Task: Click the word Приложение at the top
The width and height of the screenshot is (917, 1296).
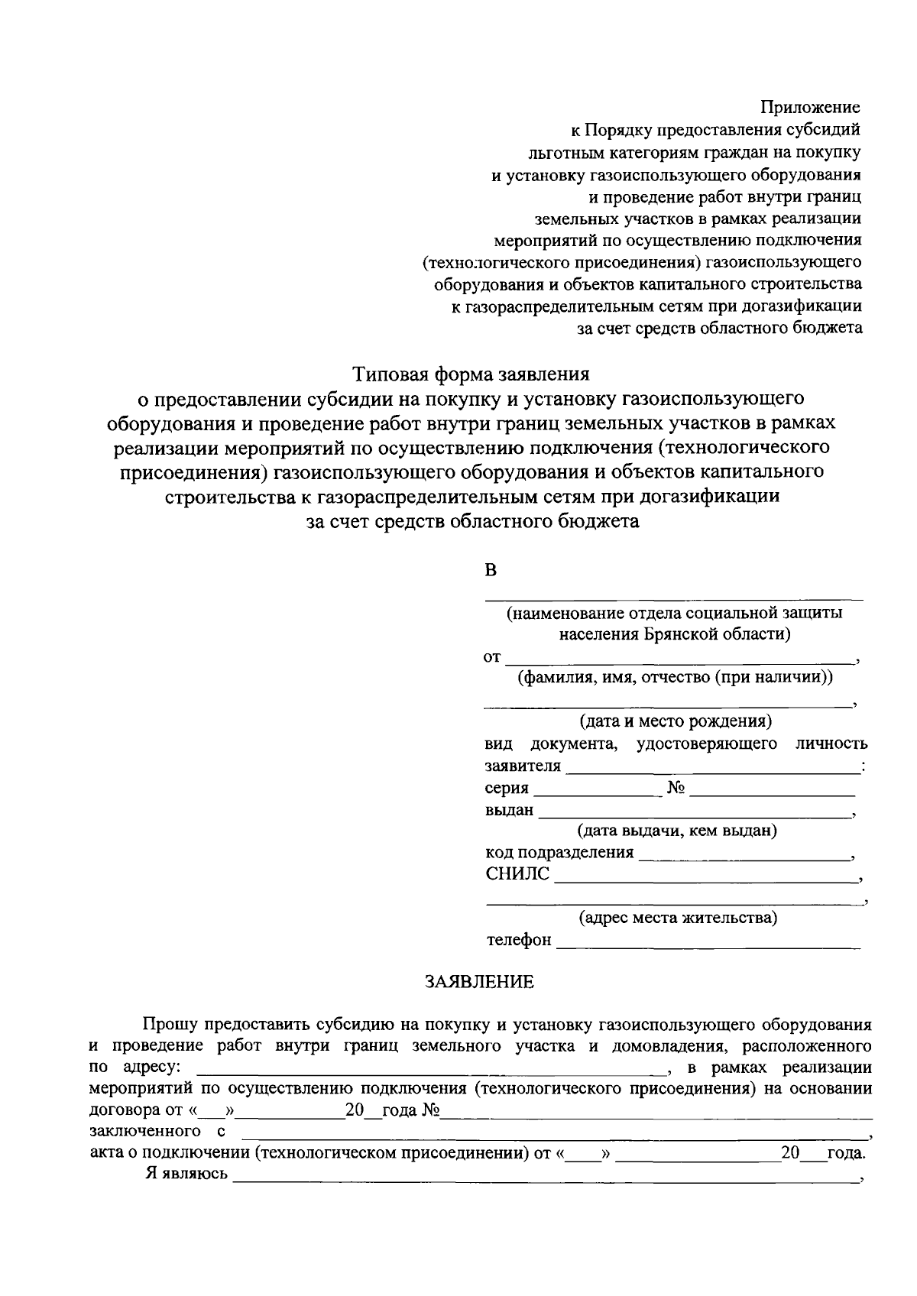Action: pos(809,108)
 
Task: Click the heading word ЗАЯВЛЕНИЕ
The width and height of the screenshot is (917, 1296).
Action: pos(480,982)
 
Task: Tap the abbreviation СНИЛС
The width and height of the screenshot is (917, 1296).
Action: pos(517,874)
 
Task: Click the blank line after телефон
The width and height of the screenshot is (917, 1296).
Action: pos(708,946)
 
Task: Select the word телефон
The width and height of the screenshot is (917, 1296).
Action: pos(519,940)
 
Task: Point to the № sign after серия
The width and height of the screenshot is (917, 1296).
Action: pos(676,788)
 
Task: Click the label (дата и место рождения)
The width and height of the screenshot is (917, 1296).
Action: pos(676,721)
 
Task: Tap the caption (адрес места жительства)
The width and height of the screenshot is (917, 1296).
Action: pos(678,917)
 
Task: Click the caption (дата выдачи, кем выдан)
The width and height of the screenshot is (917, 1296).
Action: pos(677,830)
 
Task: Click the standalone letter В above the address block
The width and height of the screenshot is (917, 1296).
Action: pos(491,570)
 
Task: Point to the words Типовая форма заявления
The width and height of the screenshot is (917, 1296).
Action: pos(471,374)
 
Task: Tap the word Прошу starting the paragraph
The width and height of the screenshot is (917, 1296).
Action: pos(169,1024)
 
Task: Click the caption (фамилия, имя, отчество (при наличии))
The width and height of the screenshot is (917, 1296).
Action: pos(675,677)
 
